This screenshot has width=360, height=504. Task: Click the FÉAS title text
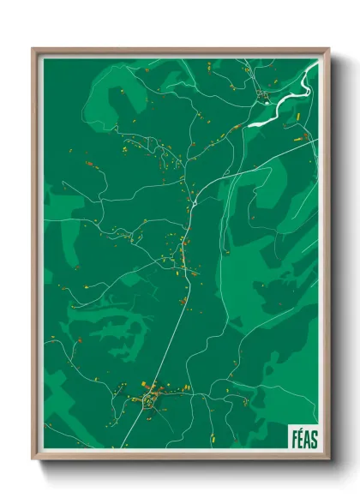[x=303, y=438]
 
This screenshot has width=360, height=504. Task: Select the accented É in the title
[x=300, y=438]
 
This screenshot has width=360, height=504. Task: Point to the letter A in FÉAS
[x=307, y=438]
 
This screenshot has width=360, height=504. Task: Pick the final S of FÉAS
[x=314, y=438]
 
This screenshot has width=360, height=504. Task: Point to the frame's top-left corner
[x=33, y=49]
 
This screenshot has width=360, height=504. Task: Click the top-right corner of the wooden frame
[x=328, y=49]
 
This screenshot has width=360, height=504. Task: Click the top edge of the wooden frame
[x=180, y=50]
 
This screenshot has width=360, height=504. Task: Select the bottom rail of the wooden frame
[x=180, y=459]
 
